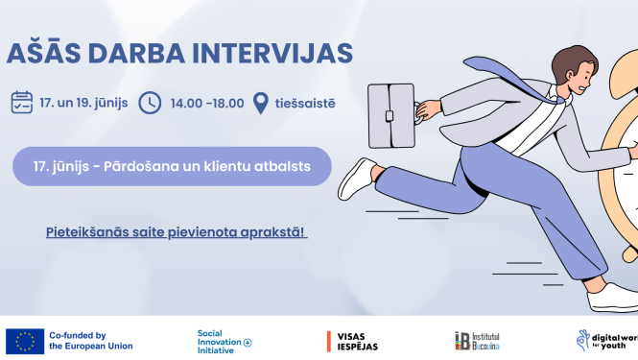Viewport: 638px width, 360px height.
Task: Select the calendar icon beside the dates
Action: click(x=22, y=102)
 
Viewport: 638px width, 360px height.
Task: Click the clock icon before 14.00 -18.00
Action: click(x=150, y=102)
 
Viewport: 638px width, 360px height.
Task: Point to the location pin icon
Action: click(x=260, y=103)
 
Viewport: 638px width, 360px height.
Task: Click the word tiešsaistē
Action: click(x=305, y=103)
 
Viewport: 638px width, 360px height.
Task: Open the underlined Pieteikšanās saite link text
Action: click(x=176, y=232)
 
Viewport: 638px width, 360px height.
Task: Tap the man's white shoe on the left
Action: click(x=356, y=179)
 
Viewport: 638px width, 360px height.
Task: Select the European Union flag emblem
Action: click(x=25, y=341)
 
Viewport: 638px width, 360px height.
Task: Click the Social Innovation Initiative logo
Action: click(x=223, y=341)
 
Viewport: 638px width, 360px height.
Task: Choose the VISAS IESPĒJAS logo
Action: click(x=354, y=341)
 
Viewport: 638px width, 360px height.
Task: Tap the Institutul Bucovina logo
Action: click(x=476, y=341)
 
